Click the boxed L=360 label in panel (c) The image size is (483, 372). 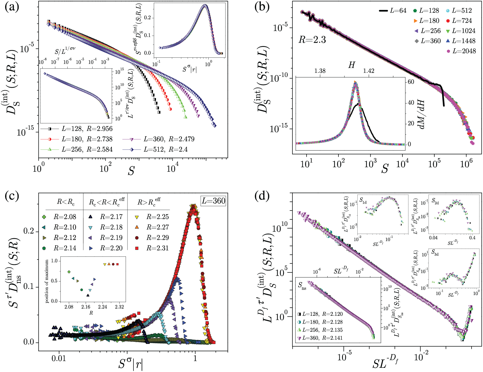pos(213,201)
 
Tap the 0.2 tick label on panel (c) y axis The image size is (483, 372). pos(29,232)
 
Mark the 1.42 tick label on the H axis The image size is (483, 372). pos(369,71)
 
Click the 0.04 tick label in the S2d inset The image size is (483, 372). pos(433,238)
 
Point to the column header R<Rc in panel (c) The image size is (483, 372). pos(66,202)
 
